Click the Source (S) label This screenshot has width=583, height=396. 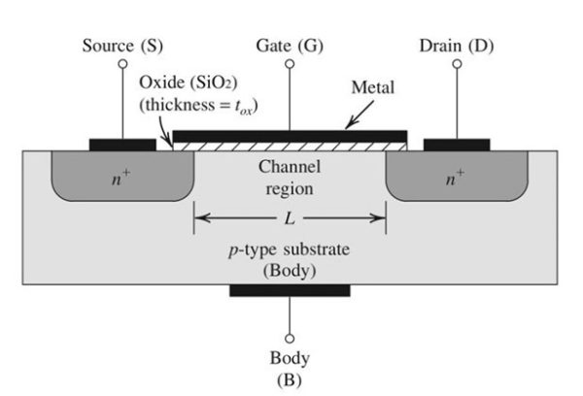click(122, 46)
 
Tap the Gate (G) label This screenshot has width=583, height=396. click(288, 46)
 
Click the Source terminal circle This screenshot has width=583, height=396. click(122, 64)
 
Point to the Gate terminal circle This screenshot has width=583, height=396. click(289, 64)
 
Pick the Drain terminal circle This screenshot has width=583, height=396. click(457, 64)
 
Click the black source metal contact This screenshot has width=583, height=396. click(122, 145)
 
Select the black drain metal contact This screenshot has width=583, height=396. click(457, 145)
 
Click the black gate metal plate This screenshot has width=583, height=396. click(290, 133)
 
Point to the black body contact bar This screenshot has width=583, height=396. click(290, 290)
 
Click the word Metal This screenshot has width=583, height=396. click(372, 88)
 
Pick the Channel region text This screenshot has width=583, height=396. click(289, 177)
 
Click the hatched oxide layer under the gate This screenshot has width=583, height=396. click(290, 145)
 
